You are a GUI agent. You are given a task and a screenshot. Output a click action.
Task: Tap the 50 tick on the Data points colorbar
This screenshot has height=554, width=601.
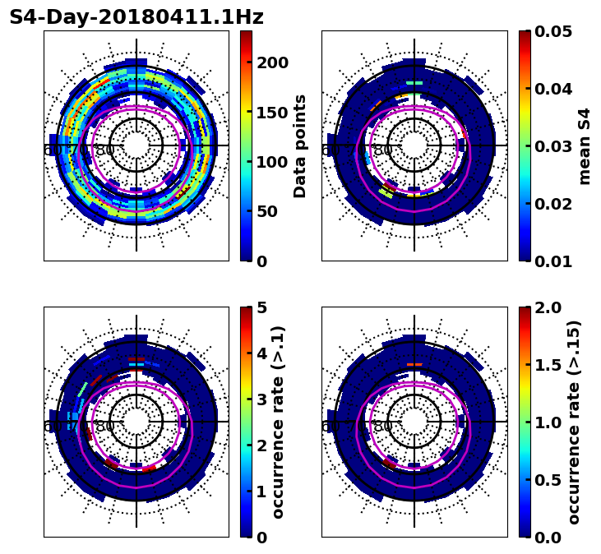point(270,211)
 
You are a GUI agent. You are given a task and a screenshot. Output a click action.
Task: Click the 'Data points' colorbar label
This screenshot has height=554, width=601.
point(300,145)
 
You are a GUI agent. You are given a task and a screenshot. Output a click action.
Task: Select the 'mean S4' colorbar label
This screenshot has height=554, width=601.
point(585,145)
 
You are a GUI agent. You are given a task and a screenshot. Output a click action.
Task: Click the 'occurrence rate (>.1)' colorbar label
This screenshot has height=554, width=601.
point(278,422)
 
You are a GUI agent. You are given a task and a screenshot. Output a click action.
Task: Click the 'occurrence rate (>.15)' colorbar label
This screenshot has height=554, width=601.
point(574,422)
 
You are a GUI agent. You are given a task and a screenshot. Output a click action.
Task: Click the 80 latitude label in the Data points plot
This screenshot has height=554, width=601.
point(105,150)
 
